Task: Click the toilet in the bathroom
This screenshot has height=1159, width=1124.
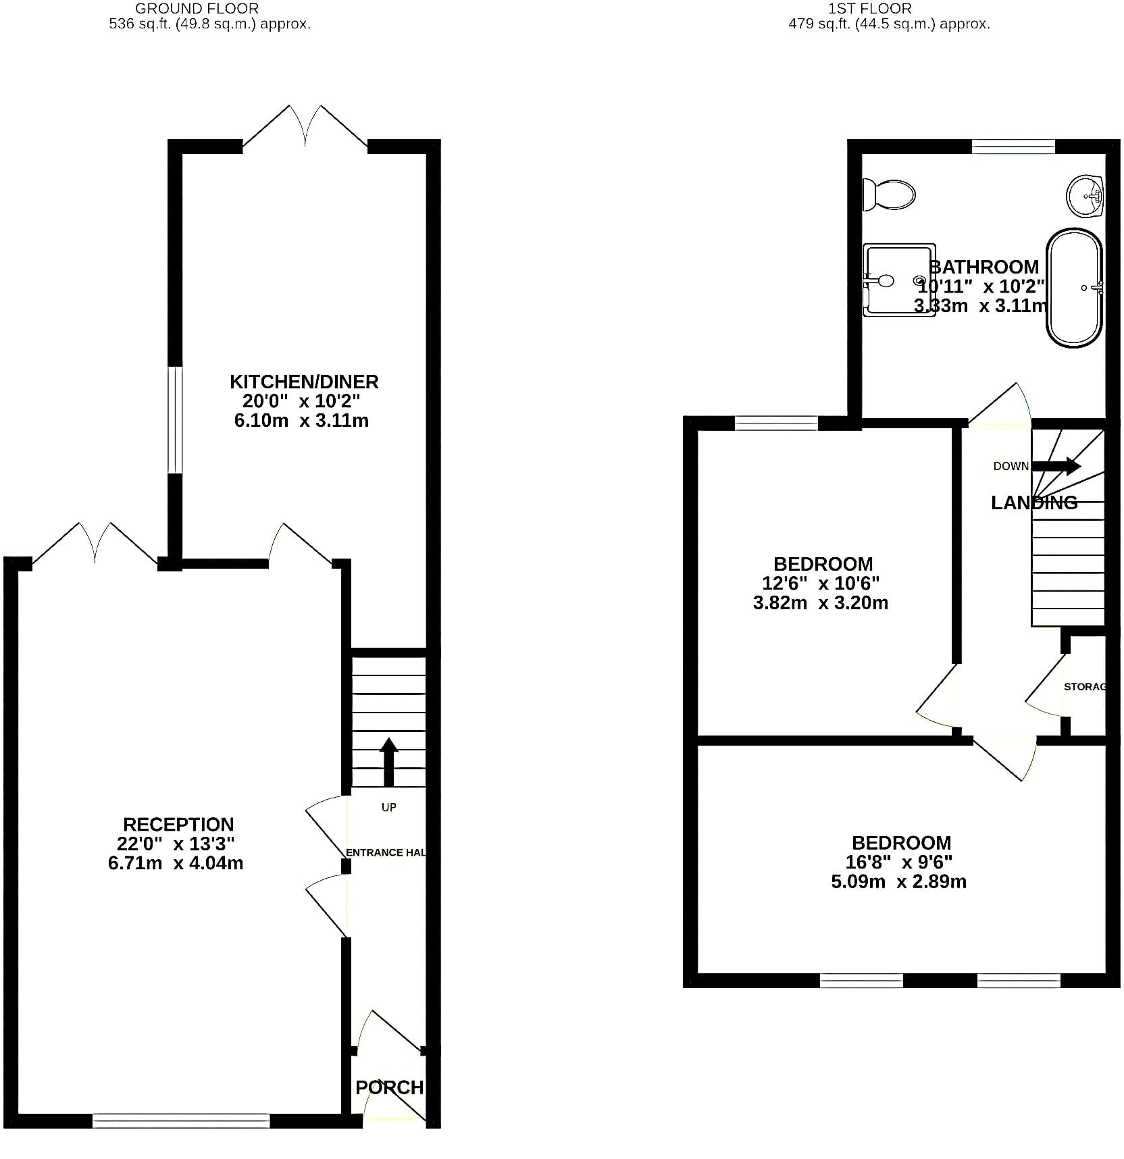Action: click(889, 195)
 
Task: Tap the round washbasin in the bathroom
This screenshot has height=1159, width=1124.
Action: click(1085, 196)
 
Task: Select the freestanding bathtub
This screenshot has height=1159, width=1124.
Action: click(1074, 288)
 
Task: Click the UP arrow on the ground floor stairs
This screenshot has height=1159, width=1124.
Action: click(388, 762)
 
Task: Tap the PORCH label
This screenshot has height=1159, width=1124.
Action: click(390, 1087)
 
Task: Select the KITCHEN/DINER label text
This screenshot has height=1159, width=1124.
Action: click(304, 382)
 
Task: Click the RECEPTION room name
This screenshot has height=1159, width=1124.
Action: click(178, 824)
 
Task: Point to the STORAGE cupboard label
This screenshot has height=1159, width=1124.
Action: click(1085, 686)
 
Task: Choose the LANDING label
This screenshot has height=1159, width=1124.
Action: click(1034, 503)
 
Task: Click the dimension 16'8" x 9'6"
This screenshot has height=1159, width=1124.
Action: click(899, 862)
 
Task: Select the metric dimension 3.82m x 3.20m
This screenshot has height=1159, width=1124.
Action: click(821, 602)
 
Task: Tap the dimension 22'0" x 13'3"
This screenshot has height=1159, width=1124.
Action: click(176, 844)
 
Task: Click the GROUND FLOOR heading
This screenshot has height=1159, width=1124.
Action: click(197, 9)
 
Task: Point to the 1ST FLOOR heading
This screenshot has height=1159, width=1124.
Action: click(870, 9)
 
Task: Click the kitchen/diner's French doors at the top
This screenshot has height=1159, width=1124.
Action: click(305, 127)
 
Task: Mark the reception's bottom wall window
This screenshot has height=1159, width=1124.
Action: click(181, 1121)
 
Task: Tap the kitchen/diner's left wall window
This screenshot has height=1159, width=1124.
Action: click(175, 420)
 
